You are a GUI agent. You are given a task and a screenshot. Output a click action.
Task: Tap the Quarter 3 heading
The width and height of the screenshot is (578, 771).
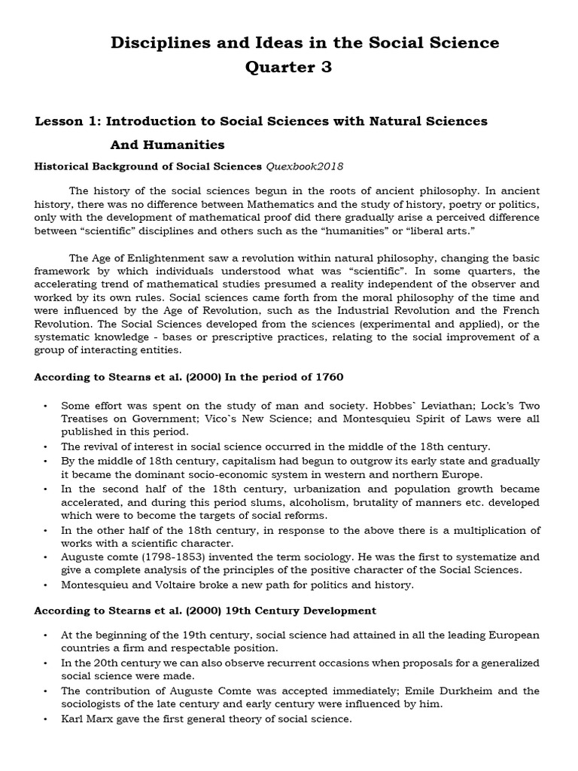pos(288,68)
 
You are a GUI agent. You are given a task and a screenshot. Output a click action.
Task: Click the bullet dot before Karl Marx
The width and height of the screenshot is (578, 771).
pos(45,718)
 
